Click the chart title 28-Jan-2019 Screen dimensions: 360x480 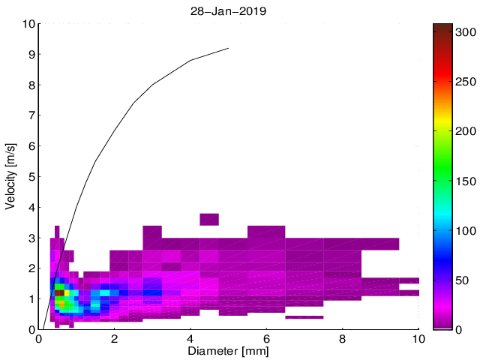point(229,12)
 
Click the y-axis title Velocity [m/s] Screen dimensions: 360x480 point(11,176)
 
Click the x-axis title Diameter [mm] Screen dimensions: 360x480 point(229,350)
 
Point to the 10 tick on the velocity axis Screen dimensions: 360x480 point(28,24)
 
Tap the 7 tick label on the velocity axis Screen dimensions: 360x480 point(31,115)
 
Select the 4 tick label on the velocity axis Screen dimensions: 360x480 point(31,208)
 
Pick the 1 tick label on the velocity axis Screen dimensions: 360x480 point(31,299)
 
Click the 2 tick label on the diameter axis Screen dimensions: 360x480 point(115,339)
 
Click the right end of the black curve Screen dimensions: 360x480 point(228,48)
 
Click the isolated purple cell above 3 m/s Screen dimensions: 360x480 point(208,219)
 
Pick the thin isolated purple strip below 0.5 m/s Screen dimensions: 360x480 point(304,317)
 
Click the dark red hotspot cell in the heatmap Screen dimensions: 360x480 point(59,293)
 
